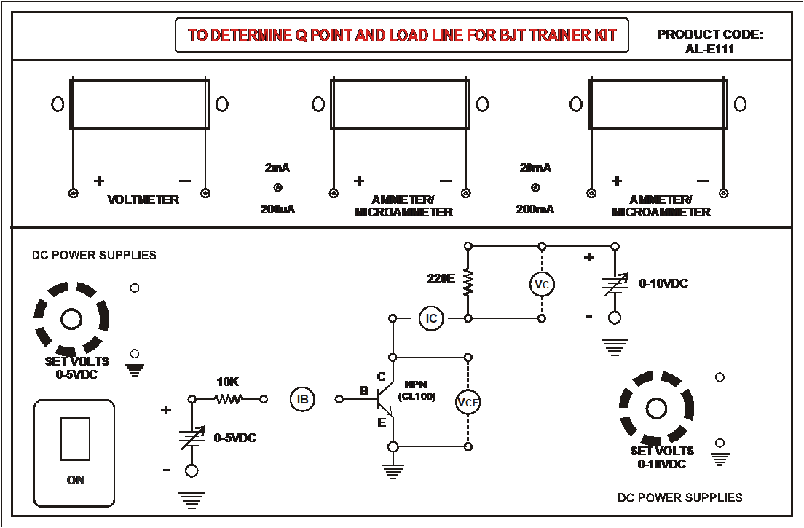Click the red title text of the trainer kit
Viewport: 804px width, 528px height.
[402, 35]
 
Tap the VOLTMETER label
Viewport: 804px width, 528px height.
[143, 200]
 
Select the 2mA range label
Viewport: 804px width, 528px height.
[277, 168]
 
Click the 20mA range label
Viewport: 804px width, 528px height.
[535, 168]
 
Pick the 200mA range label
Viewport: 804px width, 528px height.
[535, 210]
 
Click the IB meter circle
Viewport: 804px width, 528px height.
[301, 398]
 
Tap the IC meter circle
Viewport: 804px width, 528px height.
[431, 318]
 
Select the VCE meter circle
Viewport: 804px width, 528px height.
[468, 402]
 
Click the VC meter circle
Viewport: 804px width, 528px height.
[540, 285]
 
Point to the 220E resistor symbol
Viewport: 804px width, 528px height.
[468, 281]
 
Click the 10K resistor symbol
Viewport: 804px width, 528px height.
[227, 399]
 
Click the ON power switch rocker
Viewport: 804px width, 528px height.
[75, 438]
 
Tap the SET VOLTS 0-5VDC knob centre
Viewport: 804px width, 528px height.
[71, 319]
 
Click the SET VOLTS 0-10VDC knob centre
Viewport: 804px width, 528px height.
[656, 407]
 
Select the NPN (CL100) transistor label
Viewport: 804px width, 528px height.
[417, 390]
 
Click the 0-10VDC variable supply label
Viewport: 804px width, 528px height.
[663, 283]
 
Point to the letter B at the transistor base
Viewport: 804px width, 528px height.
[363, 392]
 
